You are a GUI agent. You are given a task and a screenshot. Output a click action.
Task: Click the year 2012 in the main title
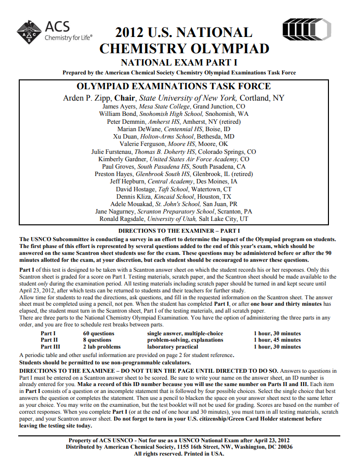[131, 33]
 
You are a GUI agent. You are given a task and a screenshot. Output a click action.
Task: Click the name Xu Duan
[125, 137]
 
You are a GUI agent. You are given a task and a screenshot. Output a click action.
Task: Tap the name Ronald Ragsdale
[123, 219]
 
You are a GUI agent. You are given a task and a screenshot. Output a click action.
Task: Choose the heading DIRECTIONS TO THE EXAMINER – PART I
[180, 230]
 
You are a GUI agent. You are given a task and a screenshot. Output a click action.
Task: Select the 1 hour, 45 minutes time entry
[277, 340]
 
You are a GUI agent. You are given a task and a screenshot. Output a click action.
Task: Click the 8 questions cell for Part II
[97, 340]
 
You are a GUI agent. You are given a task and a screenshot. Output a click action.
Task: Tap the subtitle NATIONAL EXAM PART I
[179, 63]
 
